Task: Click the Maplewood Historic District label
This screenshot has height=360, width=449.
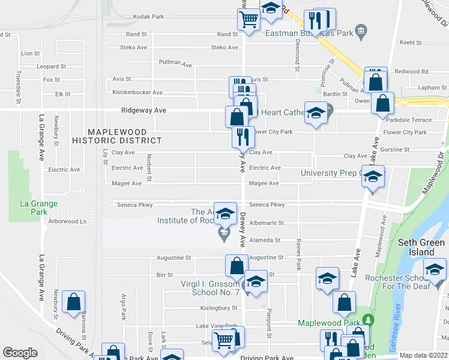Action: click(x=117, y=136)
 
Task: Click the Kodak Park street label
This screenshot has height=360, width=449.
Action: click(x=149, y=17)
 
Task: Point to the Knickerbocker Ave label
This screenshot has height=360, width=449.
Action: click(x=137, y=92)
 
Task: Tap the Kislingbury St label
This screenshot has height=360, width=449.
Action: click(x=218, y=308)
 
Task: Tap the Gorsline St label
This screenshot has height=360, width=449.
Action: click(x=411, y=149)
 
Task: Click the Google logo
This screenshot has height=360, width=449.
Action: click(x=20, y=353)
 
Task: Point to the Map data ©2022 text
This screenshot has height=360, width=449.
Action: click(x=424, y=355)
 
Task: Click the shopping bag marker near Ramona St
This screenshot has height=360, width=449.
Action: click(x=73, y=302)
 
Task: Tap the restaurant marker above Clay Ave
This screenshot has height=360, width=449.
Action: click(x=243, y=137)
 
